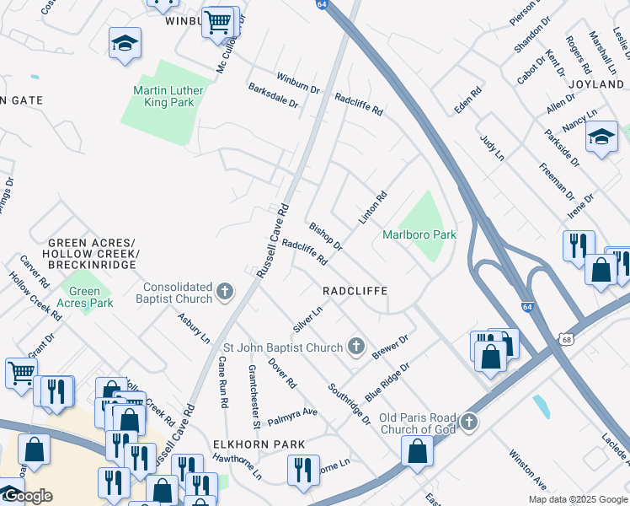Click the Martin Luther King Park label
click(x=163, y=96)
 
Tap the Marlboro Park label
click(x=419, y=234)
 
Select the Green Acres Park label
click(x=87, y=297)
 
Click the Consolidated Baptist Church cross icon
click(x=224, y=293)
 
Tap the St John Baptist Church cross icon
click(x=356, y=347)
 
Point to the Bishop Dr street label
click(x=325, y=237)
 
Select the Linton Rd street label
click(x=372, y=207)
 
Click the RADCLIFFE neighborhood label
click(x=355, y=290)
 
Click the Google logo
click(x=27, y=496)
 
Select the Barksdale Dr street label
click(x=273, y=95)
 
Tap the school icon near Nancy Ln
click(x=601, y=138)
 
